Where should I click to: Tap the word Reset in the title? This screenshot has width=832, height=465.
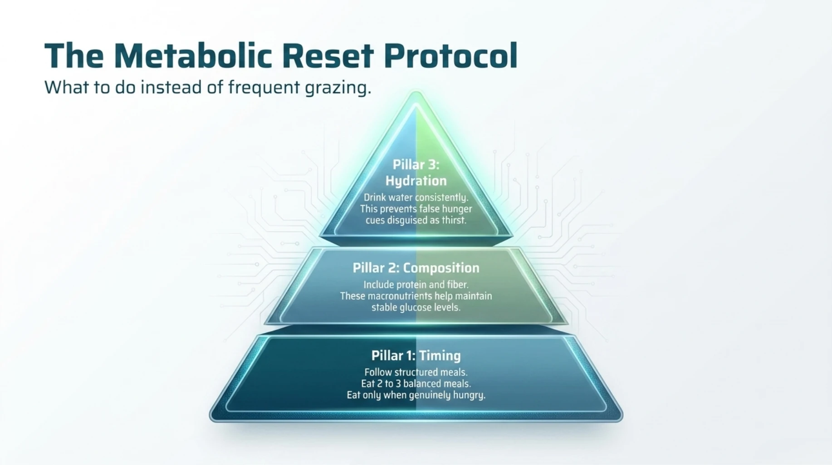[x=328, y=56]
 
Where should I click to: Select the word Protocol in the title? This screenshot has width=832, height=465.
[x=450, y=56]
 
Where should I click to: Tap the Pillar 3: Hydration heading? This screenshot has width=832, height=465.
[x=416, y=173]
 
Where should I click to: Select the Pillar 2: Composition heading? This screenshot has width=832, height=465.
[x=416, y=268]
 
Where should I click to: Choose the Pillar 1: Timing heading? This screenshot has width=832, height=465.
[x=416, y=356]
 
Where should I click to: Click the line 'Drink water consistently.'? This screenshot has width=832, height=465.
[x=416, y=198]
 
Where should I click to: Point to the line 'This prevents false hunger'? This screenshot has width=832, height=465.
[x=416, y=209]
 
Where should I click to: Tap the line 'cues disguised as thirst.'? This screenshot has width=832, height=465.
[x=416, y=220]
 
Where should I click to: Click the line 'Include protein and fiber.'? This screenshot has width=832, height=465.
[x=416, y=285]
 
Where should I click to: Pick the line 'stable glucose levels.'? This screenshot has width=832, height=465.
[x=416, y=307]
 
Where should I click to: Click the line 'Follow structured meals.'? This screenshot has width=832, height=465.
[x=416, y=372]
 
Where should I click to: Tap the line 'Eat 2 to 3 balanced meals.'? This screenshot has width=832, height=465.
[x=416, y=384]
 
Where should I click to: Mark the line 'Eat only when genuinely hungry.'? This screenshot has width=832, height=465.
[x=416, y=395]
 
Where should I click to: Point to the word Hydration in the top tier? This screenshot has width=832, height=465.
[x=416, y=181]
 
